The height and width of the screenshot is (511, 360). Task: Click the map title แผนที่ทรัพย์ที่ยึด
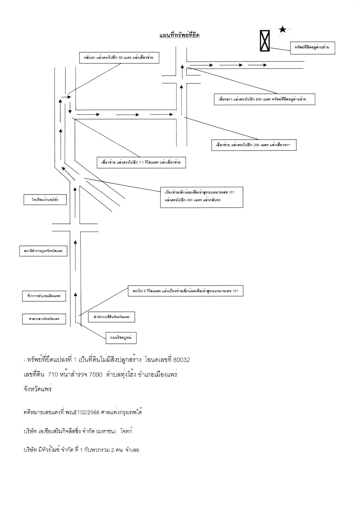coord(179,35)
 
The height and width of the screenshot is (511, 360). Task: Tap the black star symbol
coord(282,29)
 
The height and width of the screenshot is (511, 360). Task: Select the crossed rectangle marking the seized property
coord(265,41)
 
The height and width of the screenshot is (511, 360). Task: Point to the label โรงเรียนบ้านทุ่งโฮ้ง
coord(45,200)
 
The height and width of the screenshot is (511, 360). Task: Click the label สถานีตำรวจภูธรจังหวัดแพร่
coord(43,251)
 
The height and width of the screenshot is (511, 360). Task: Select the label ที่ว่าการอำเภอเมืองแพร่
coord(44,296)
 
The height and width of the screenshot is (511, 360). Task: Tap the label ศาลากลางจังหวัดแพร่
coord(44,319)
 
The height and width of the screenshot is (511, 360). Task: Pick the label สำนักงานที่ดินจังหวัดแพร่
coord(111,317)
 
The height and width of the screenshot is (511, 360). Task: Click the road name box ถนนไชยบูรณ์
coord(121,338)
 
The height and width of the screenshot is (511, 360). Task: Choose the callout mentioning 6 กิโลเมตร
coord(186,291)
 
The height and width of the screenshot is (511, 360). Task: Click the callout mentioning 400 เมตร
coord(201,197)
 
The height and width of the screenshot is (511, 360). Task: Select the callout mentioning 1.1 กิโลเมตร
coord(141,163)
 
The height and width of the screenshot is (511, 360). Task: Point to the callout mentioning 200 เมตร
coord(254,145)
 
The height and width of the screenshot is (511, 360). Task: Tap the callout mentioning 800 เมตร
coord(264,99)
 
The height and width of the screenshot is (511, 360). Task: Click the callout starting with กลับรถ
coord(119,58)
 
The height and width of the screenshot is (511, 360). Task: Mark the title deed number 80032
coord(181,360)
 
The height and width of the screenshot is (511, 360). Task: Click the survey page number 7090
coord(96,375)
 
